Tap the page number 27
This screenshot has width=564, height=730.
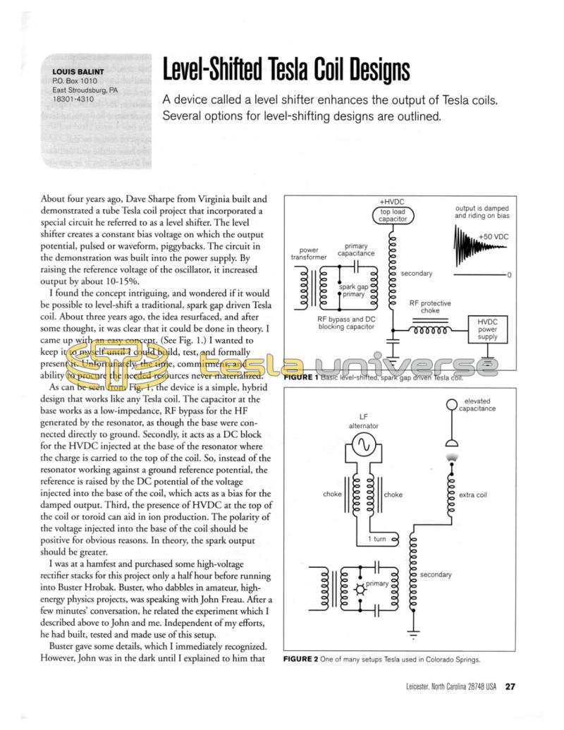pyautogui.click(x=513, y=687)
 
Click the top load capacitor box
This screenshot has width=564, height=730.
pyautogui.click(x=393, y=215)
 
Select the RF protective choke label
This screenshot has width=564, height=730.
pyautogui.click(x=430, y=307)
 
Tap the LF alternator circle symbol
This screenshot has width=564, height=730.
pyautogui.click(x=364, y=444)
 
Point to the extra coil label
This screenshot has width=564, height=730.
pyautogui.click(x=472, y=494)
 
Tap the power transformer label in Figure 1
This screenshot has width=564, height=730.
pyautogui.click(x=309, y=254)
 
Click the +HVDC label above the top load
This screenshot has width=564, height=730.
pyautogui.click(x=392, y=201)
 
